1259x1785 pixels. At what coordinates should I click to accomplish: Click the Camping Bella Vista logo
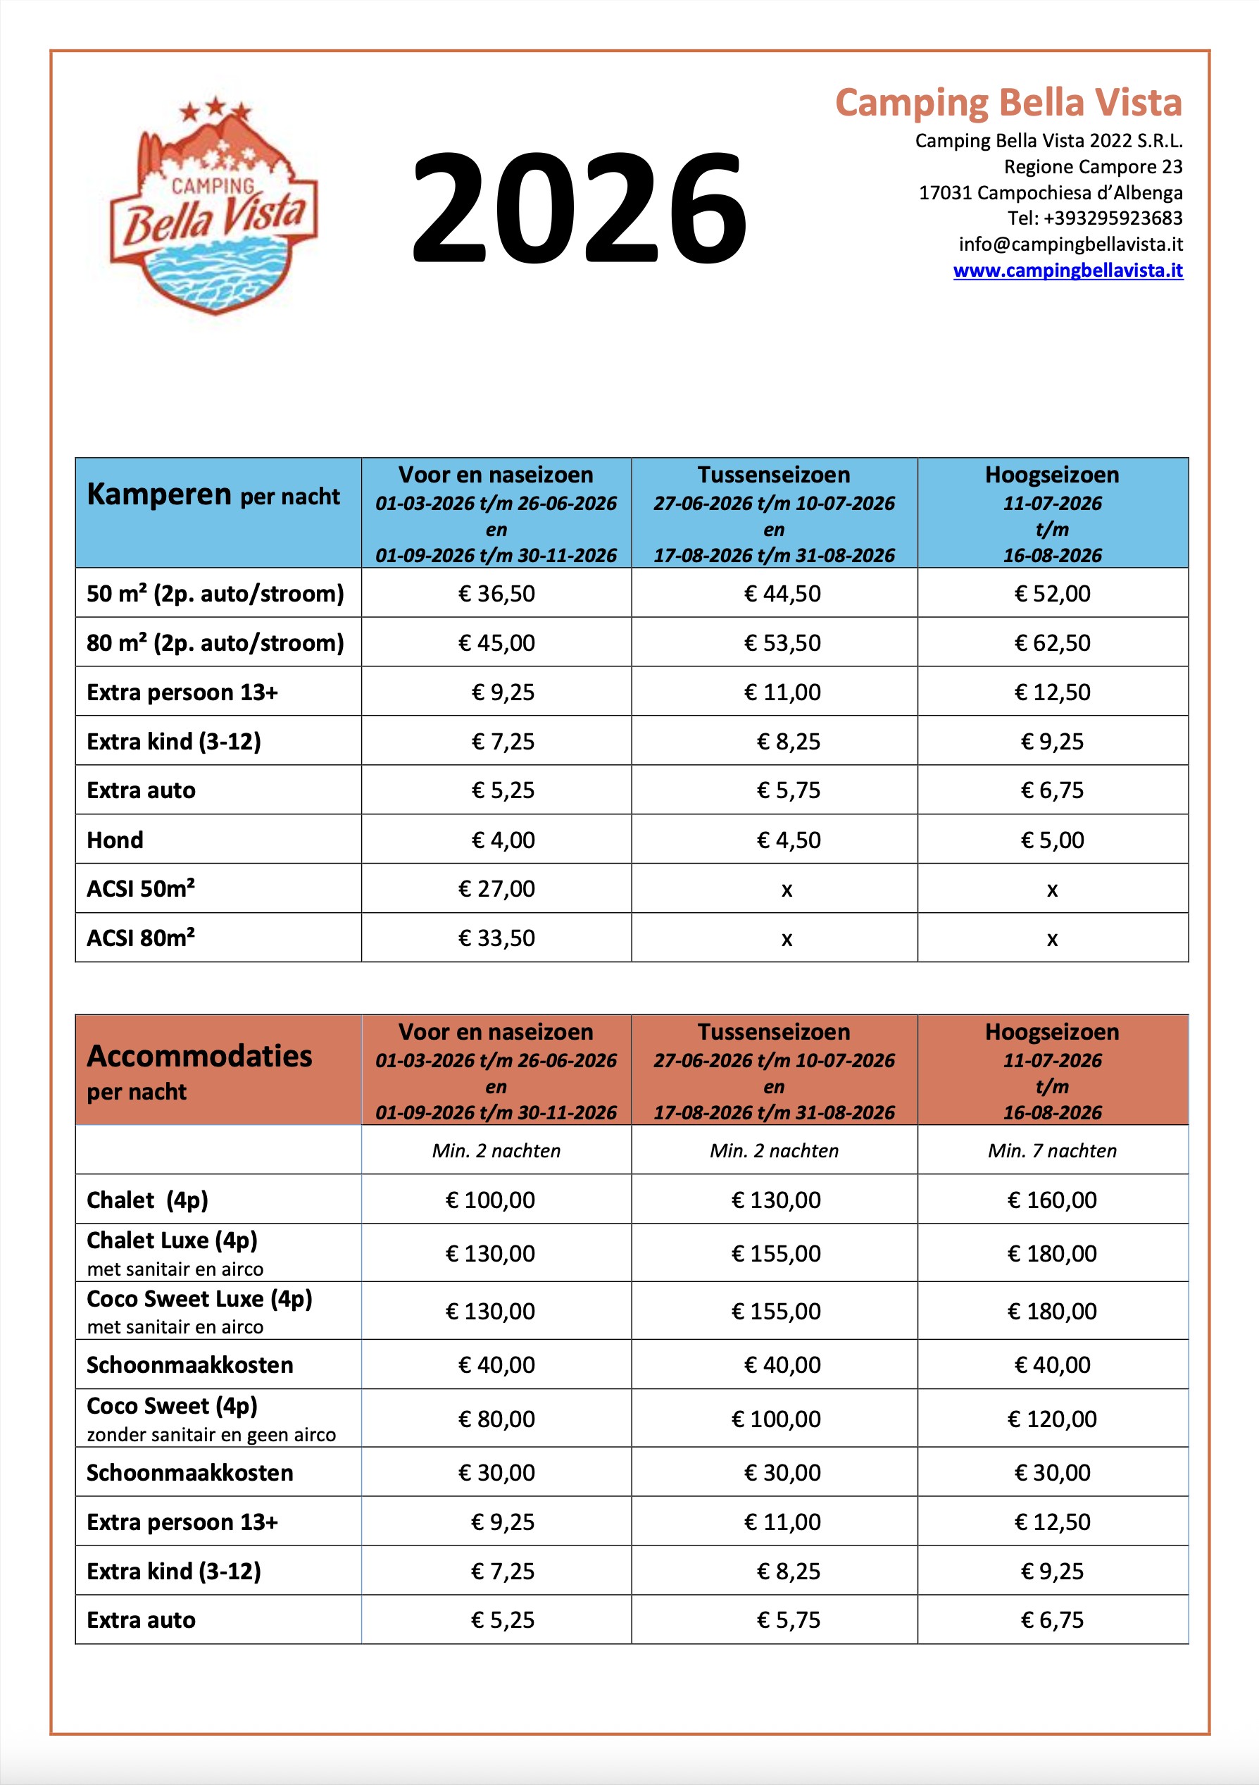(214, 206)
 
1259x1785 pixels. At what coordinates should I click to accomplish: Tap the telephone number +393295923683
(1095, 218)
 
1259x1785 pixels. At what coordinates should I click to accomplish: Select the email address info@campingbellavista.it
(1070, 244)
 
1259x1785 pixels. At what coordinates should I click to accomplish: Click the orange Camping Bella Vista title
(1008, 103)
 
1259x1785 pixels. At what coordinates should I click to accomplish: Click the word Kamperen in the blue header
(159, 495)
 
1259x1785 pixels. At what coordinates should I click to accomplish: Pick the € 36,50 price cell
(496, 594)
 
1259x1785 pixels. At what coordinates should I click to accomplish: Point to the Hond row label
(115, 840)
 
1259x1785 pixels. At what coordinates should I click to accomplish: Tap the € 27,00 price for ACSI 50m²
(496, 888)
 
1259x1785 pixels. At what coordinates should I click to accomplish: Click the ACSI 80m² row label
(141, 938)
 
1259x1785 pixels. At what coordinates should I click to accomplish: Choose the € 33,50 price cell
(496, 938)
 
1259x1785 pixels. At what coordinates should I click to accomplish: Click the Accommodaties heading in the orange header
(200, 1056)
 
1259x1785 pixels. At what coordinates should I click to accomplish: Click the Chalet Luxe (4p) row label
(172, 1240)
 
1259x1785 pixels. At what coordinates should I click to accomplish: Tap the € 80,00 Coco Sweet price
(496, 1419)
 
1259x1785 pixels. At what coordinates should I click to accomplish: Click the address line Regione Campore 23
(1093, 167)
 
